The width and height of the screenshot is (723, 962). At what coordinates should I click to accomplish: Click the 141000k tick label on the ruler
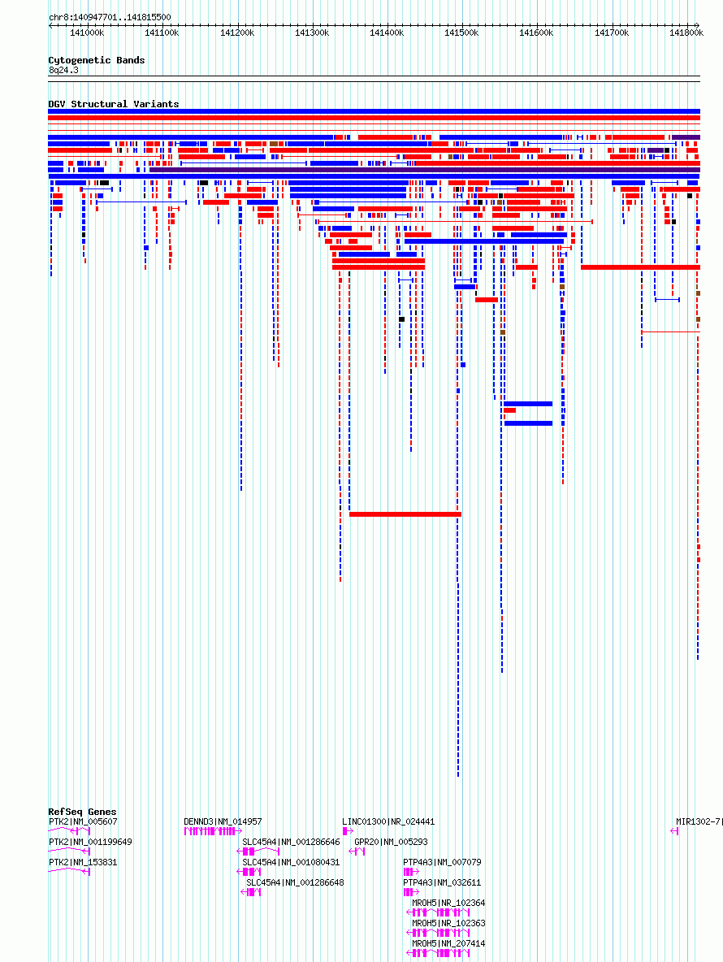point(87,32)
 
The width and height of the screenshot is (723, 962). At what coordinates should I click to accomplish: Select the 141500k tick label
point(461,32)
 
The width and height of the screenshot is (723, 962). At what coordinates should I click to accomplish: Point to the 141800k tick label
point(686,32)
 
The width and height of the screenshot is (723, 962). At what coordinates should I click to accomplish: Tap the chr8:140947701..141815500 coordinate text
point(110,17)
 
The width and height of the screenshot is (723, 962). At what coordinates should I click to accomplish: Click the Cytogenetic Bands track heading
point(97,60)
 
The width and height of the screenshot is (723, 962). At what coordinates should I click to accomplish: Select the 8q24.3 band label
point(64,71)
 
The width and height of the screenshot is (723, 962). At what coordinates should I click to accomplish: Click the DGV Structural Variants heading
point(114,104)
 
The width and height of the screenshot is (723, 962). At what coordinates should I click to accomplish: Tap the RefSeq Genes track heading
point(82,812)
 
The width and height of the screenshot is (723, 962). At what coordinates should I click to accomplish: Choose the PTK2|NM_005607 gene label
point(83,821)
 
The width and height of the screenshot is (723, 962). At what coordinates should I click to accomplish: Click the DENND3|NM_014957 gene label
point(223,821)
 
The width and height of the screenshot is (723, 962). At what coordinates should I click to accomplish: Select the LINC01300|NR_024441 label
point(388,821)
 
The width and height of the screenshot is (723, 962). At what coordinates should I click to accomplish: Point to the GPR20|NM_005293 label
point(391,842)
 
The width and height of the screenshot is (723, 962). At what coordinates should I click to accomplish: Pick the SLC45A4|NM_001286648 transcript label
point(295,882)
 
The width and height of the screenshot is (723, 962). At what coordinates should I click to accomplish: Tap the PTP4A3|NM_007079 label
point(442,862)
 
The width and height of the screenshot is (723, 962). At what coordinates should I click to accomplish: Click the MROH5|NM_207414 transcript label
point(448,943)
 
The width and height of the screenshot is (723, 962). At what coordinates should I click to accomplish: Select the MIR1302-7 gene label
point(698,821)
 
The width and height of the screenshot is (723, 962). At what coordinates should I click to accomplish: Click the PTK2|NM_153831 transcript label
point(83,862)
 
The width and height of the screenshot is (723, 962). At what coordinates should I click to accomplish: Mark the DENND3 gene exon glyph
point(210,831)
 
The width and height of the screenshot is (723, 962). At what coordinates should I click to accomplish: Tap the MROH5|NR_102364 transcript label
point(448,903)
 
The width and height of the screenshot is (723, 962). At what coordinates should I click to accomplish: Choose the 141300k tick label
point(312,32)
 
